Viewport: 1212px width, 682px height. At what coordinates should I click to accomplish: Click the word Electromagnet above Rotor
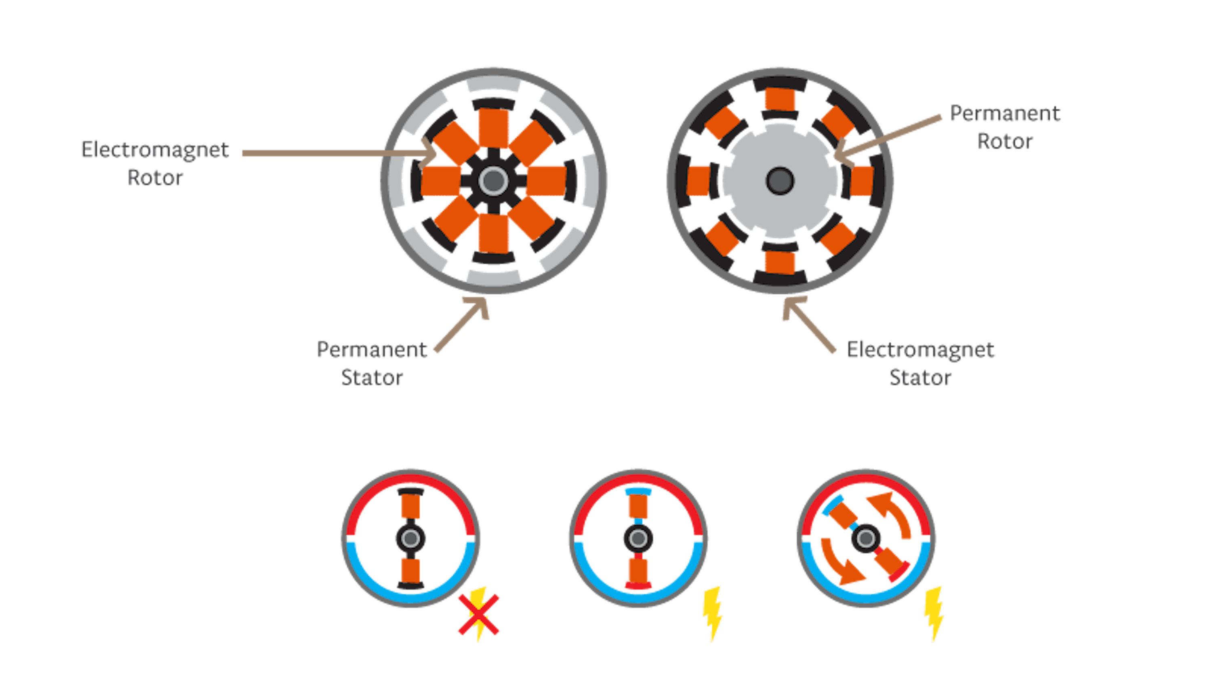[155, 150]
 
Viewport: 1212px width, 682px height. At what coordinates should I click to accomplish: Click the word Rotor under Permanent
[1005, 141]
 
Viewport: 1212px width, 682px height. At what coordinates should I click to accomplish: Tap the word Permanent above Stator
[372, 350]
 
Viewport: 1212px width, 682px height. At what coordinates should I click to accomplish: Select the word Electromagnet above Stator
[920, 350]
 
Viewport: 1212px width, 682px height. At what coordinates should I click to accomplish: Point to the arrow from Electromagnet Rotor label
[339, 154]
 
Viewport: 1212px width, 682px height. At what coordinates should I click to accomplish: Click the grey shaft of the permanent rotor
[780, 181]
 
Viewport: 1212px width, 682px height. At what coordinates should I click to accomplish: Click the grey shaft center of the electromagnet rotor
[493, 181]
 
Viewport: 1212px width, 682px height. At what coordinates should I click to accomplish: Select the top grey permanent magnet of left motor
[493, 86]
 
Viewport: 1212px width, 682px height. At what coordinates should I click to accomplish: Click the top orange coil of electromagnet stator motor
[780, 100]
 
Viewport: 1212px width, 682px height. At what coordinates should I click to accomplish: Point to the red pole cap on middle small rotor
[638, 585]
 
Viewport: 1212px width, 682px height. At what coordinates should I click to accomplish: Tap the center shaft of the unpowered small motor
[411, 538]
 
